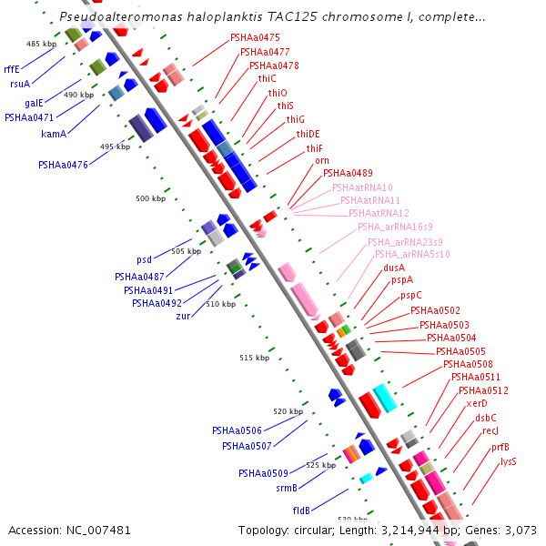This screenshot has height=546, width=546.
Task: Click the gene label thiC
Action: (267, 79)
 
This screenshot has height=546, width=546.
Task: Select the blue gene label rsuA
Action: (20, 84)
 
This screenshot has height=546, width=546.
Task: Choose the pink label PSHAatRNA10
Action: (362, 187)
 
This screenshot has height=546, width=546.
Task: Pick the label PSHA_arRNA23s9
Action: (405, 242)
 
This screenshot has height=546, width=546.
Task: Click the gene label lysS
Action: (508, 461)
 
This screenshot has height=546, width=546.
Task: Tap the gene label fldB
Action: (301, 511)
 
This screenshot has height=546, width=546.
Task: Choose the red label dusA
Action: (394, 268)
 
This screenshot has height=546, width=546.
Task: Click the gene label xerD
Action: (477, 403)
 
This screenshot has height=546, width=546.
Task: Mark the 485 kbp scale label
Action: (41, 44)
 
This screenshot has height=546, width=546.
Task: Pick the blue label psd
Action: (144, 259)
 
